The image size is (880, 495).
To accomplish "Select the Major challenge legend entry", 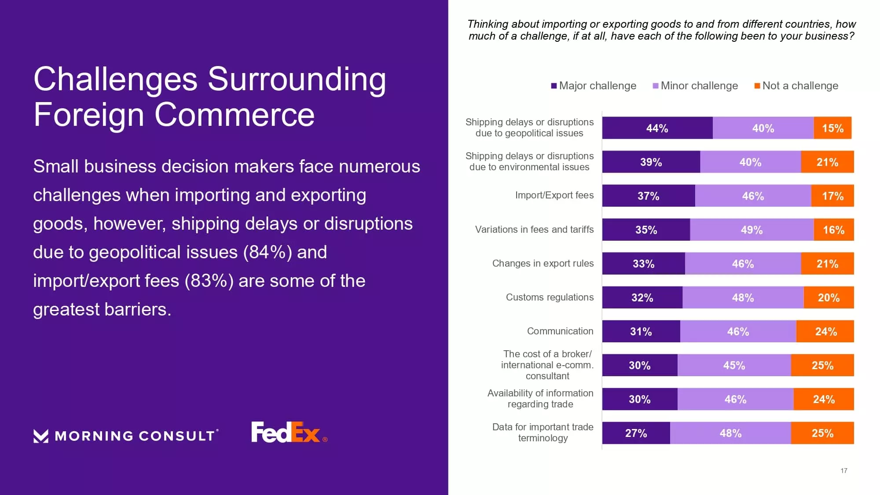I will [594, 86].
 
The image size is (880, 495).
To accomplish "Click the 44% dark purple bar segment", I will [657, 128].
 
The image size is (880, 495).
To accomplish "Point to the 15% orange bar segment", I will [832, 128].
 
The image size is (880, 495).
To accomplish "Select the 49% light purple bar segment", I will [752, 230].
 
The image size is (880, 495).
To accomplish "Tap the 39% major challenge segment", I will [651, 162].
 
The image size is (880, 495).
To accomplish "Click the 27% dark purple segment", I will [636, 433].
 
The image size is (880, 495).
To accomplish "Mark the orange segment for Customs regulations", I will [829, 297].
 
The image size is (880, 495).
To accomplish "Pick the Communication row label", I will [560, 331].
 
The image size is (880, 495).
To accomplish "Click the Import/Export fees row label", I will [554, 195].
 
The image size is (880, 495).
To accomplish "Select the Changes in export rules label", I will [543, 263].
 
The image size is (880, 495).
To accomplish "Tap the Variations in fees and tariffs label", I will [534, 229].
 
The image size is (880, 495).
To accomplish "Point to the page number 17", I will [843, 470].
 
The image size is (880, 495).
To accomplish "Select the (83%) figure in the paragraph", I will [209, 281].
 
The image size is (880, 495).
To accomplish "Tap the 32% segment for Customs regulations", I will [642, 297].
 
